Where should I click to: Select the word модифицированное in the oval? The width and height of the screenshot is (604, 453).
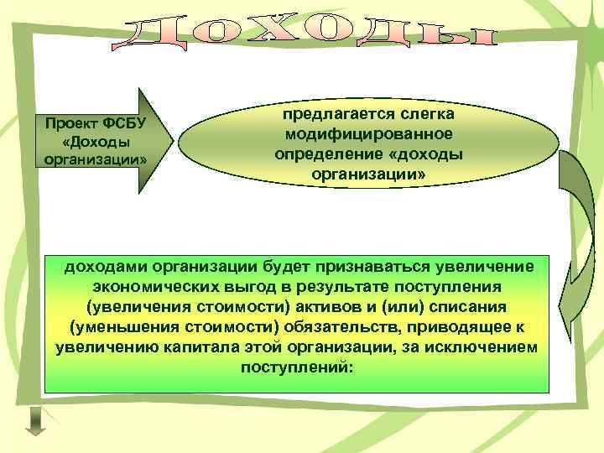[368, 134]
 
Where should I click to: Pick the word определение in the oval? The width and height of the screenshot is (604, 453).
[325, 154]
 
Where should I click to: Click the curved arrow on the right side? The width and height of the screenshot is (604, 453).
[578, 243]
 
